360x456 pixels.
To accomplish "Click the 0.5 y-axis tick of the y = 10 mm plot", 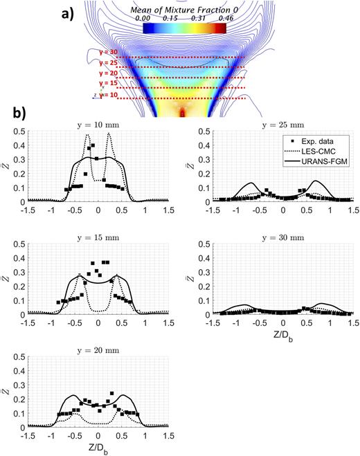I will click(14, 131).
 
